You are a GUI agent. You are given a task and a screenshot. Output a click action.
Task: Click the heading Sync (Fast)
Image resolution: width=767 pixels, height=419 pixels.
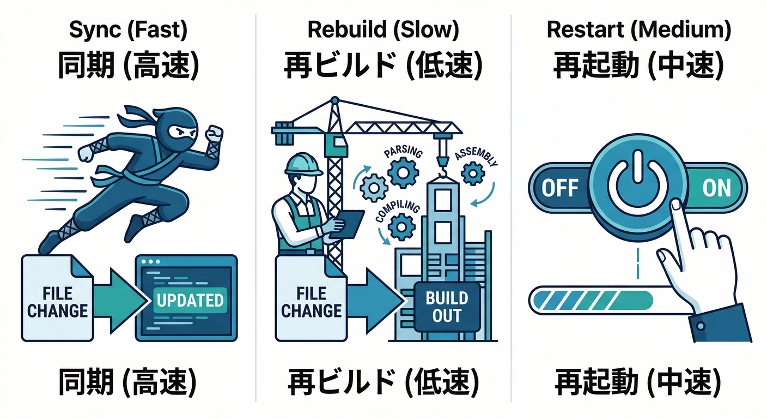coord(127,31)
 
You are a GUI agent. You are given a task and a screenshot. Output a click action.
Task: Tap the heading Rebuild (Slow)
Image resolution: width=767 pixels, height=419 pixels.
coord(383,31)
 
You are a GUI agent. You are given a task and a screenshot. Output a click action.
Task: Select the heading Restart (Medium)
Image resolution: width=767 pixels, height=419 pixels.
coord(638,31)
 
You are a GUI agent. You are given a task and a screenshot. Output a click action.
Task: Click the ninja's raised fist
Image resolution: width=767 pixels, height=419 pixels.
coord(215,134)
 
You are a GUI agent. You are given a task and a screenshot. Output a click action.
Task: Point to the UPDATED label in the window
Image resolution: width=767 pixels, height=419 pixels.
coord(189,300)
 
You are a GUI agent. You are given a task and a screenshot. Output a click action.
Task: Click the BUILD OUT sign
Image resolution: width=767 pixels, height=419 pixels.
coord(447,306)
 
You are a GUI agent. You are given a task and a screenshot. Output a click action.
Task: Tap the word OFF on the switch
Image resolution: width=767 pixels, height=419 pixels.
coord(559,188)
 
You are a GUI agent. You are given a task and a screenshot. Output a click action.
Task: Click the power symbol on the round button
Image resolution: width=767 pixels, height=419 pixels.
coord(638,186)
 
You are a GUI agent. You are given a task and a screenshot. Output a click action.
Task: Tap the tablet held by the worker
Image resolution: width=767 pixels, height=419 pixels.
coord(351,224)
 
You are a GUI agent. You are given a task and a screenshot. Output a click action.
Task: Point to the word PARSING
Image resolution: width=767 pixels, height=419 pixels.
coord(404,152)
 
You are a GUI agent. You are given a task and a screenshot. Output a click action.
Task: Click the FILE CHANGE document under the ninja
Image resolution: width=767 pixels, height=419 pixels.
coord(57,301)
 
